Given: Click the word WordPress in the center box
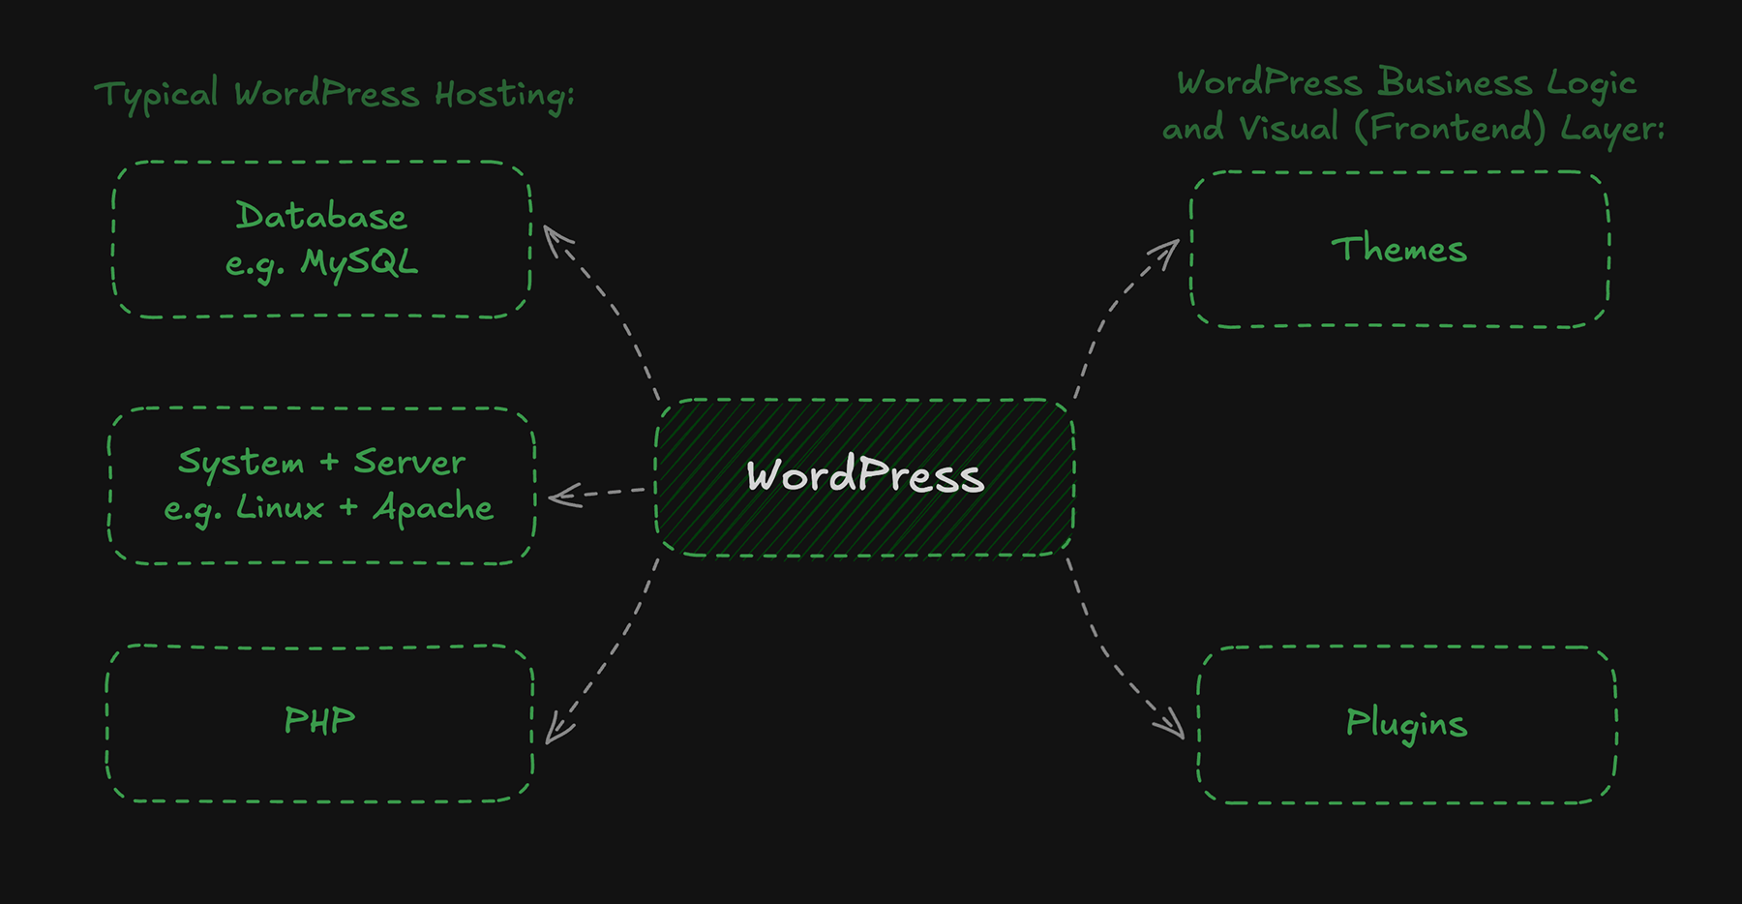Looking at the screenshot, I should (x=865, y=476).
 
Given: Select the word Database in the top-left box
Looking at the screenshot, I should (x=321, y=217).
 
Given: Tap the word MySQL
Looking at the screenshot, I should (x=359, y=263).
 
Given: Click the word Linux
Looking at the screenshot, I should (x=280, y=507).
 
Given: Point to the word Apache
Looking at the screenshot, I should (x=434, y=507).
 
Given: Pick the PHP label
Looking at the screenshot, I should (x=319, y=721).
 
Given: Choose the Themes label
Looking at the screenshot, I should (x=1398, y=250).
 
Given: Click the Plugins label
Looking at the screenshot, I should (x=1406, y=724).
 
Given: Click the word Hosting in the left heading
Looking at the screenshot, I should (x=503, y=95).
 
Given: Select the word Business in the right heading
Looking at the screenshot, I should (x=1455, y=82).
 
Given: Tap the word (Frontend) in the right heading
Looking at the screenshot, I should (x=1450, y=128).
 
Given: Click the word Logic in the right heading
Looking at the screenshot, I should (x=1591, y=84).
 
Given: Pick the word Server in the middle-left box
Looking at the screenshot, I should (x=409, y=462).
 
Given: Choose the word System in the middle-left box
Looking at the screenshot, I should (x=241, y=463).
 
